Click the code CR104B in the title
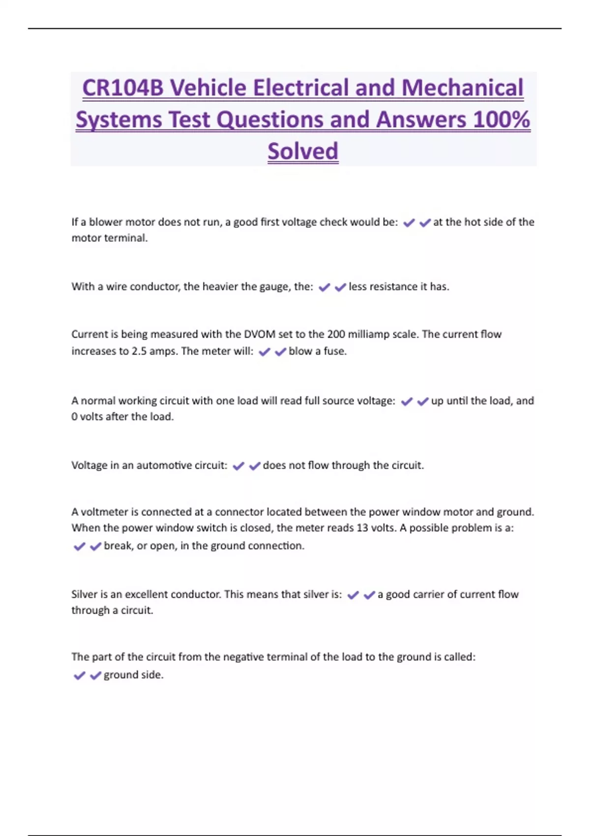pos(122,88)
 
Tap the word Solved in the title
pos(303,151)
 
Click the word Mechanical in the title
pos(462,88)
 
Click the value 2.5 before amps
pos(139,351)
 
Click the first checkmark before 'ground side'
pos(79,675)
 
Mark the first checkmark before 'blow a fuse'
pos(265,352)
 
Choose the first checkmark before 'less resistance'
pos(324,287)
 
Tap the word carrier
pos(429,594)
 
